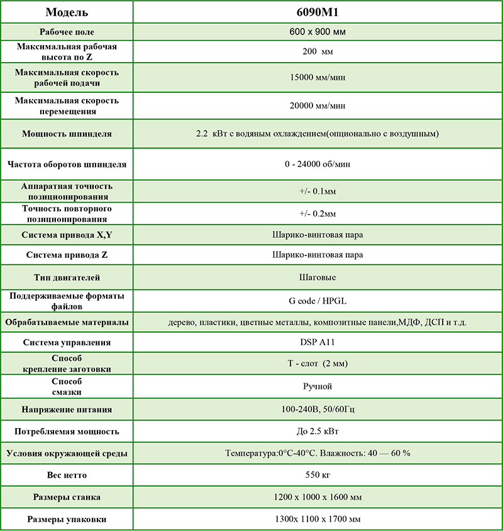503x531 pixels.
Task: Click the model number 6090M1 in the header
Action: click(318, 13)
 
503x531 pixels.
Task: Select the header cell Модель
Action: click(67, 13)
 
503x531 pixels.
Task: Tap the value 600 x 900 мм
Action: click(318, 31)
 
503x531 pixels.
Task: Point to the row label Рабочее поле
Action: click(67, 31)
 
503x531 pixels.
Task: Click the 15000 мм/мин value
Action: click(318, 78)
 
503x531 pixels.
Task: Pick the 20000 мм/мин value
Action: click(318, 105)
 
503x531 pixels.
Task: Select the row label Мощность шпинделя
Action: click(67, 134)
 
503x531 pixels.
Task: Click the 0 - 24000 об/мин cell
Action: click(318, 164)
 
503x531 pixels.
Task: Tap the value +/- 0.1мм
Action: click(318, 191)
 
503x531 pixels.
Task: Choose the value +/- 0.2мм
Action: click(318, 214)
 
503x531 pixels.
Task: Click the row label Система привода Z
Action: click(67, 255)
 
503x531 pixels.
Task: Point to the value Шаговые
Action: click(318, 277)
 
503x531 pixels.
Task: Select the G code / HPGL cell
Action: click(318, 300)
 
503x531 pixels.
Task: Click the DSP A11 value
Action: click(318, 342)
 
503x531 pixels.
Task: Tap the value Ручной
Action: click(318, 386)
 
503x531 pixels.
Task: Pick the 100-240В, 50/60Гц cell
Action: click(318, 409)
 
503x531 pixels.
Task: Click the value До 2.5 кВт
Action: click(318, 431)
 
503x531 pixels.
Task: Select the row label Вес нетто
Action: click(67, 475)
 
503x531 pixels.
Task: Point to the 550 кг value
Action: click(318, 475)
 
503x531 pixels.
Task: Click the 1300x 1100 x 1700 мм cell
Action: click(318, 519)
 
